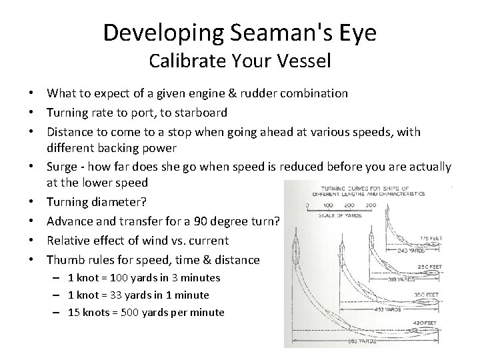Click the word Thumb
point(64,259)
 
